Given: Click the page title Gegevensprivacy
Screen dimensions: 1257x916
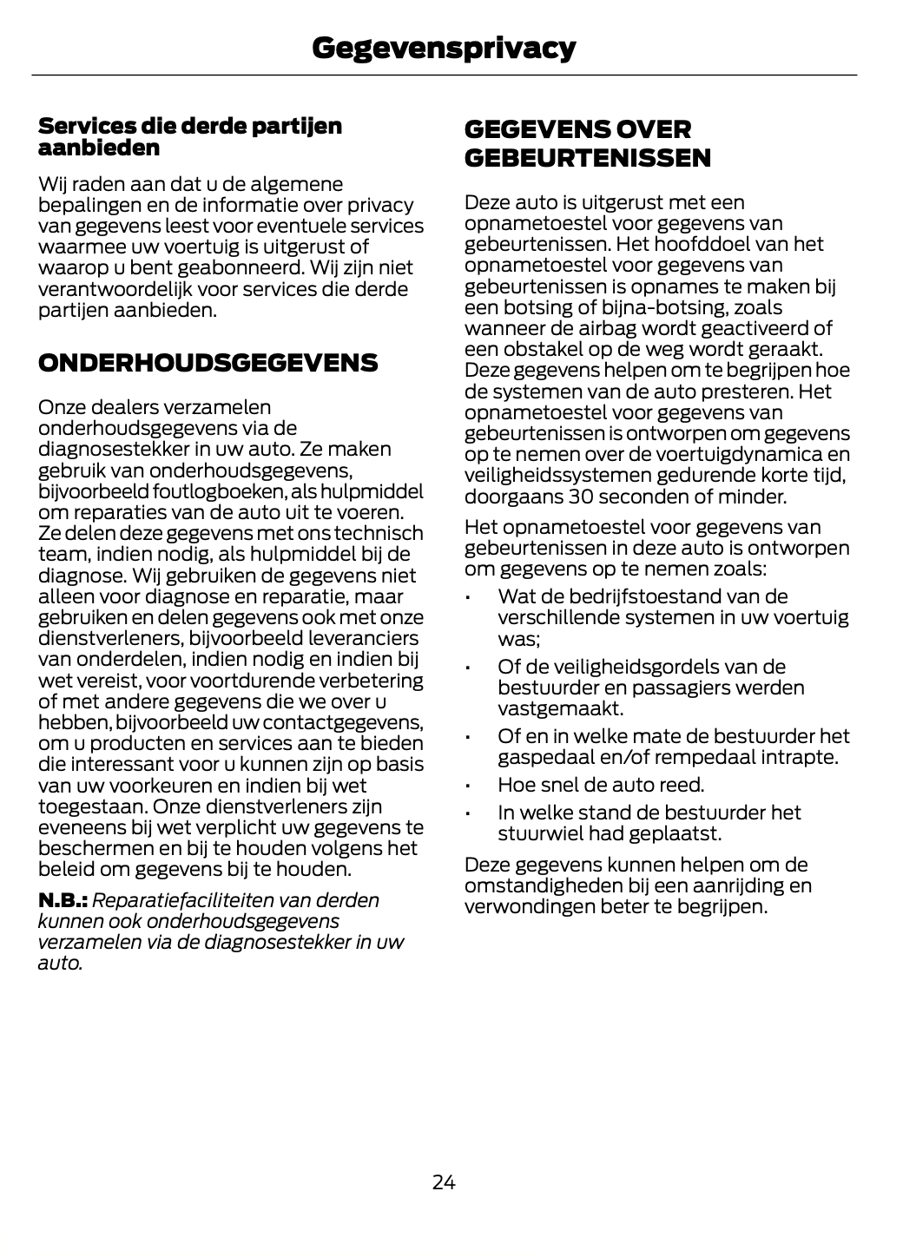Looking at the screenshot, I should coord(443,48).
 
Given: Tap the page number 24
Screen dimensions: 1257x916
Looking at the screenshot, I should coord(443,1182).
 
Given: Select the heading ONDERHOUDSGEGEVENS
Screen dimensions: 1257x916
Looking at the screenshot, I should coord(208,363).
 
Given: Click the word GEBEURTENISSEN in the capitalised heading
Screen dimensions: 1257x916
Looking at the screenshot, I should coord(588,158).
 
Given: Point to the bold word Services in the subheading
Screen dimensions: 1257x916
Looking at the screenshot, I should coord(82,126).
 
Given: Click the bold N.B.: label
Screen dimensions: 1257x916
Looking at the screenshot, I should coord(63,900).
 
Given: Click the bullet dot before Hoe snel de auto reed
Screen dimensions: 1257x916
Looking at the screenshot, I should coord(468,786).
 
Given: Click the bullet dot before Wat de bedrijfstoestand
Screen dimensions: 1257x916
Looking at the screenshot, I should coord(468,598).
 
